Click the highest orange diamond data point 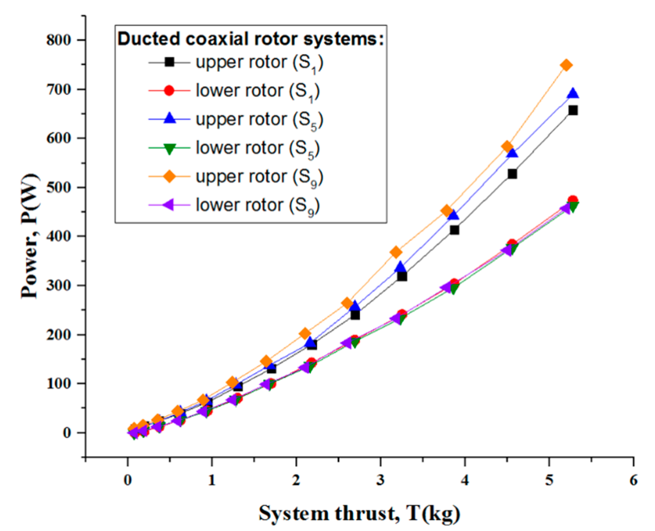click(566, 65)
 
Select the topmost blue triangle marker click(573, 94)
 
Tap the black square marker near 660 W click(573, 110)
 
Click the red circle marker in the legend click(169, 90)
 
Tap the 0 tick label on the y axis click(67, 433)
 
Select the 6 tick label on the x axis click(633, 480)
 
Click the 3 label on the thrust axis click(380, 480)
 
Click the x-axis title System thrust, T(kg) click(359, 513)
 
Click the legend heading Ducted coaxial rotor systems click(250, 39)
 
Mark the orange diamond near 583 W click(507, 147)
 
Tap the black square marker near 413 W click(454, 230)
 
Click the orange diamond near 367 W click(396, 252)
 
